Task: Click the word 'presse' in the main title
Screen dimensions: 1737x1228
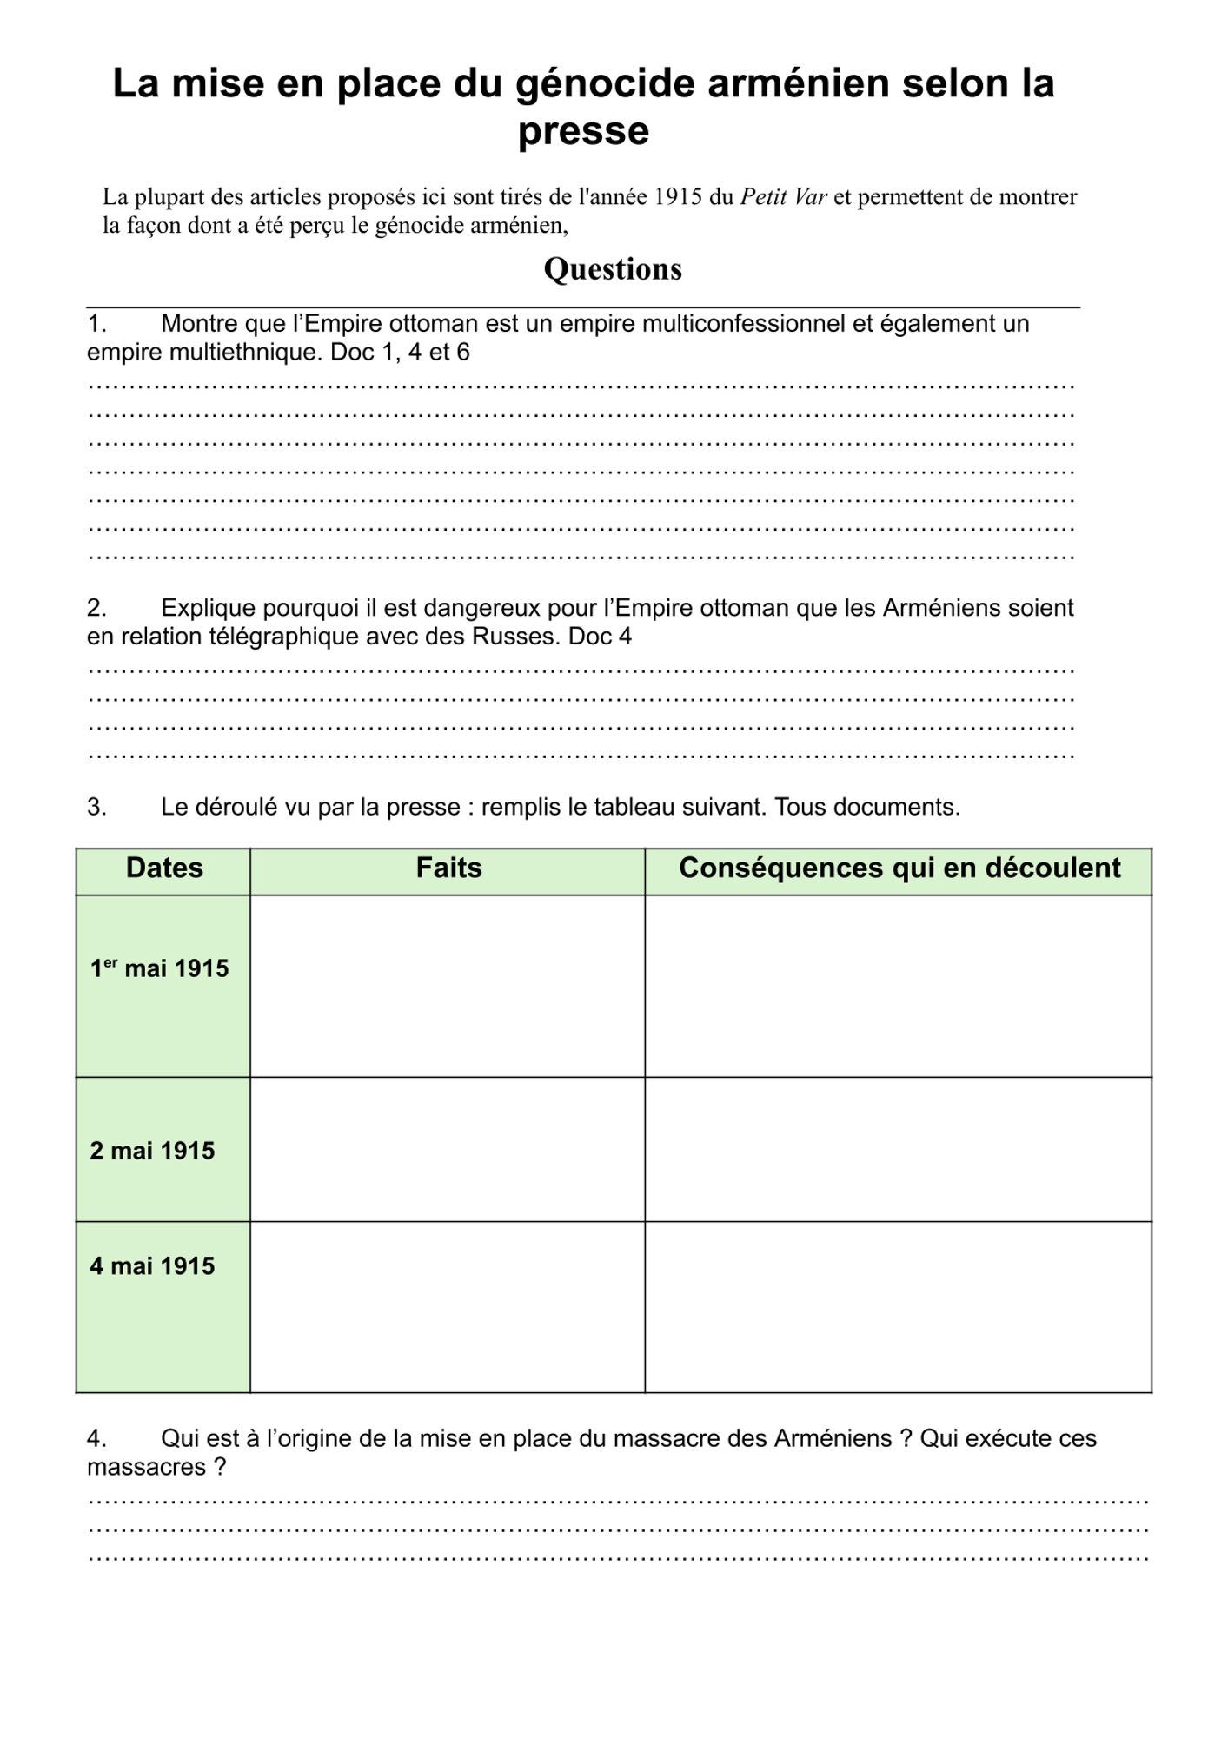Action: point(583,132)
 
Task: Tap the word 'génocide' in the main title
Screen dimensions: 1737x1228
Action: point(605,83)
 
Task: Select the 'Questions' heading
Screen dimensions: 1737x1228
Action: point(613,269)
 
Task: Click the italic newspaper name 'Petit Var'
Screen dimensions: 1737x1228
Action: point(783,197)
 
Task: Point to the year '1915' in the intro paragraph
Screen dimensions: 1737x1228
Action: point(677,197)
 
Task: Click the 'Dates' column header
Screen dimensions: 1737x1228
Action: point(164,868)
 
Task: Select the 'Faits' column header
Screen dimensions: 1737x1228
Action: point(448,868)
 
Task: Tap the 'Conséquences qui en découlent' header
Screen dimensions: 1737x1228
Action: point(899,868)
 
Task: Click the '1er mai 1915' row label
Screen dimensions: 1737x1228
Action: point(160,968)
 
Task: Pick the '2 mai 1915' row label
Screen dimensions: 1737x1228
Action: point(152,1151)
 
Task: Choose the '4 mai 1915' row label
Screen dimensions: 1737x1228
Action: point(152,1266)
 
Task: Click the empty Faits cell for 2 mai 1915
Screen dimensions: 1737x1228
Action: point(448,1150)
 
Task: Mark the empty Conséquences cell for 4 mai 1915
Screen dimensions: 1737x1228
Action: point(899,1307)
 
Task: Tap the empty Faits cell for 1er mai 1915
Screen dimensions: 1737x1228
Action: point(448,986)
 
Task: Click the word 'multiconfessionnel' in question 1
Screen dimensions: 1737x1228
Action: point(734,324)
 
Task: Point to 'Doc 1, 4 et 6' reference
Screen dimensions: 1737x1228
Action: point(400,353)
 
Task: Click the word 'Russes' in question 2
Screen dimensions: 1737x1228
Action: point(516,637)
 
